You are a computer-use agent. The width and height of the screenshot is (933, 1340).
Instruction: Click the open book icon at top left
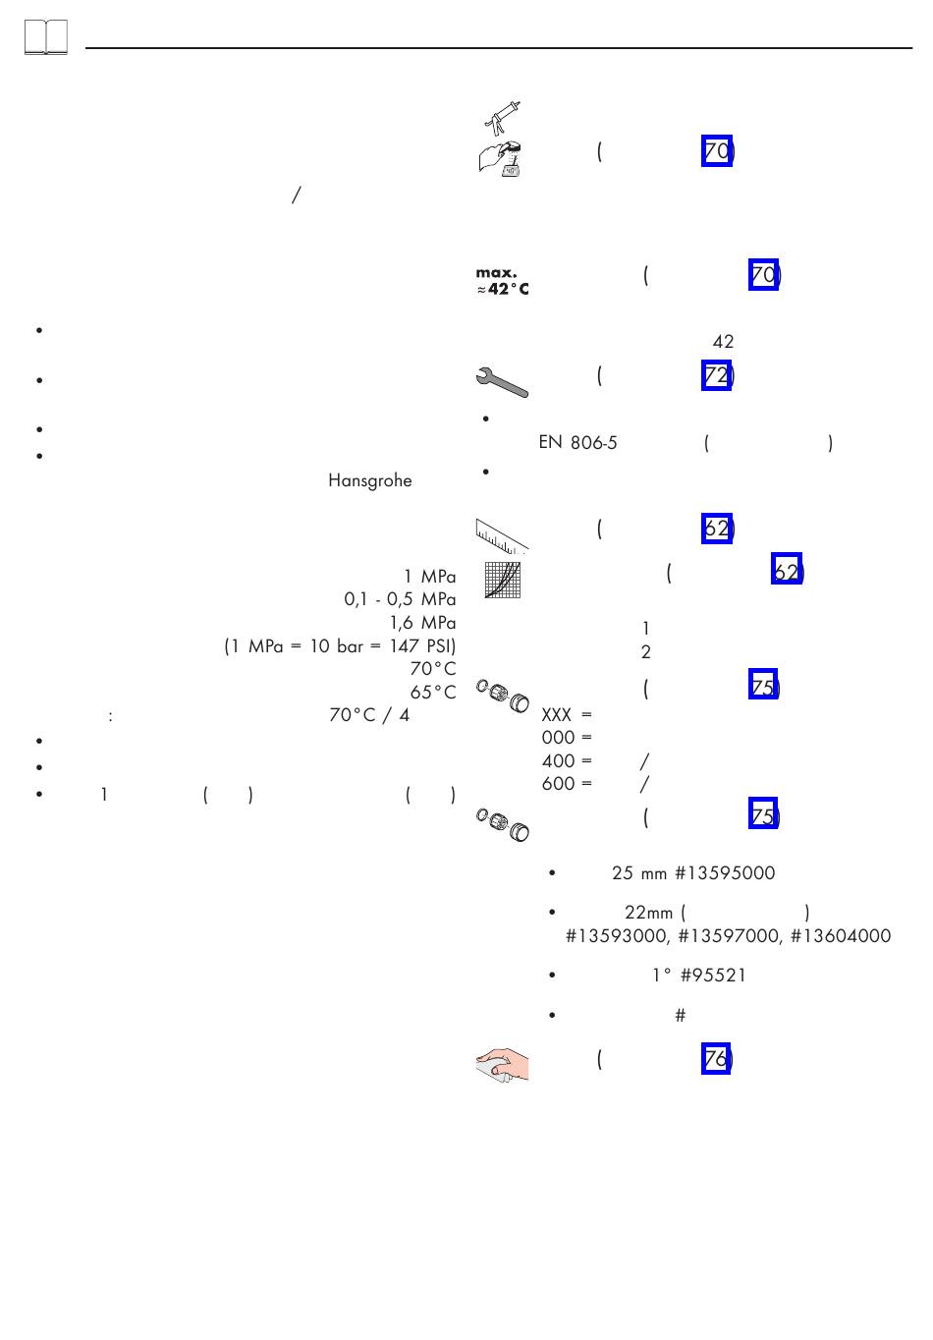tap(46, 38)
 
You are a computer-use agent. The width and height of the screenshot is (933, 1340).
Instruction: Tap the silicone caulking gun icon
tap(502, 116)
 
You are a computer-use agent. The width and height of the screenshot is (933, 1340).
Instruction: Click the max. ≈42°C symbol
tap(502, 281)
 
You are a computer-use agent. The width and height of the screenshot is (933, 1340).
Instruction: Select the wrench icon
tap(502, 380)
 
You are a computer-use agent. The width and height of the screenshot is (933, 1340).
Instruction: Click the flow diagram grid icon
tap(502, 580)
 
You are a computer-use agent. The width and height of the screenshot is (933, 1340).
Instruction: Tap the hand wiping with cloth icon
tap(502, 1065)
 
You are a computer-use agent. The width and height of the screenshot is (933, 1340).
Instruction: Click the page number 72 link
tap(716, 375)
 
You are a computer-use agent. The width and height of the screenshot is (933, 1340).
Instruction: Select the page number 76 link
tap(716, 1059)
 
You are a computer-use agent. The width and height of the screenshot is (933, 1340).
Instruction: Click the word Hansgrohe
tap(369, 481)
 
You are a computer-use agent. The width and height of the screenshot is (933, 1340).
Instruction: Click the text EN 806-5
tap(577, 443)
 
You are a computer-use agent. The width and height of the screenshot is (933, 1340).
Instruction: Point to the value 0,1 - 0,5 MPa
tap(400, 599)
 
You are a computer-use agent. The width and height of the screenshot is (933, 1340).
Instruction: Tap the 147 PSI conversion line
tap(340, 646)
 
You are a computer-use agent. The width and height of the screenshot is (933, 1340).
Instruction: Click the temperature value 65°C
tap(432, 693)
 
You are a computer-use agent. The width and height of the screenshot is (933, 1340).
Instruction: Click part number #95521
tap(712, 976)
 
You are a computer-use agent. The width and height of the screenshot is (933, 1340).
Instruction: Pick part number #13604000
tap(842, 936)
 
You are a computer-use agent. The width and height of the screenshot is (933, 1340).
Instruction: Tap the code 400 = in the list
tap(567, 760)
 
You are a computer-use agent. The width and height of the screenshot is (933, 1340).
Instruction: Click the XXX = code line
tap(567, 715)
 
